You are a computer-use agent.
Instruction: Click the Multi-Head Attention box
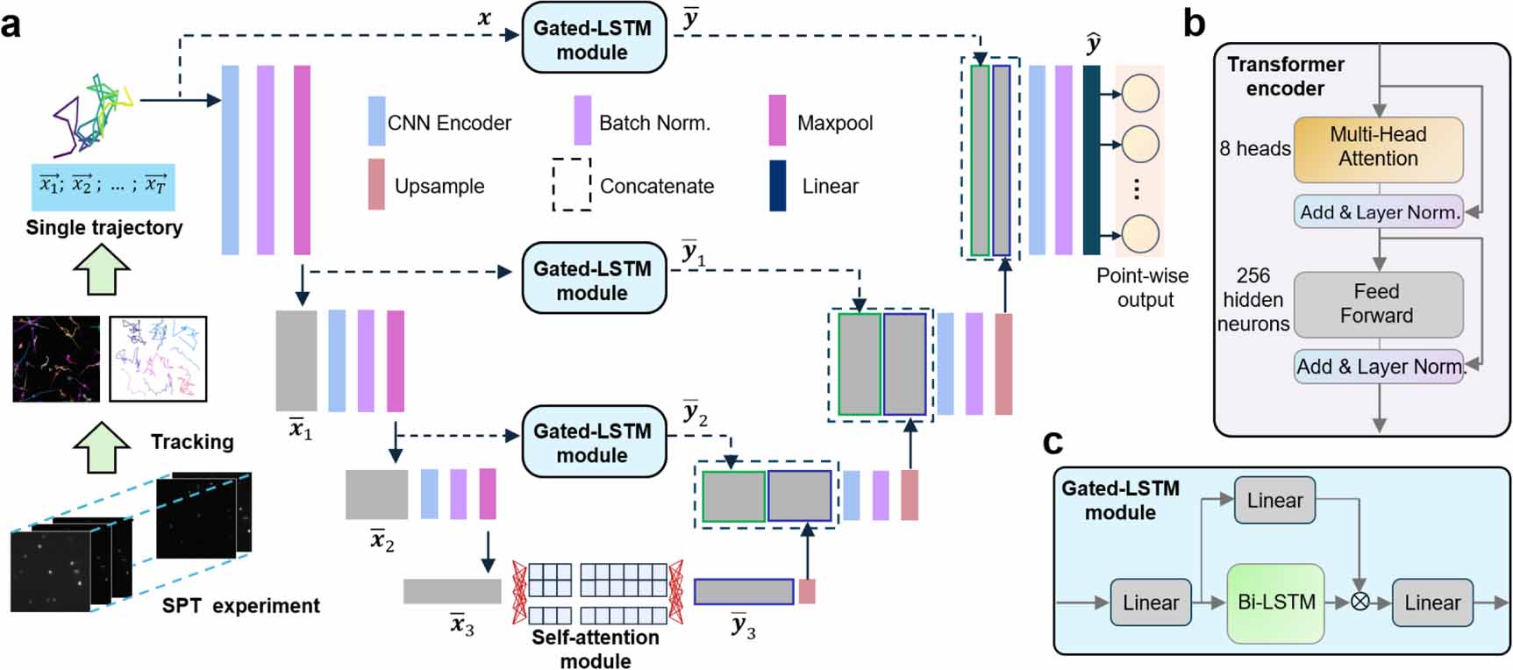pyautogui.click(x=1377, y=146)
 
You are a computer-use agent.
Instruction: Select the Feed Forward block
pyautogui.click(x=1377, y=303)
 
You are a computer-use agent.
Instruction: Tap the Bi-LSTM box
pyautogui.click(x=1275, y=602)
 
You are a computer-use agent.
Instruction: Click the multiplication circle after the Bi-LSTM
pyautogui.click(x=1360, y=602)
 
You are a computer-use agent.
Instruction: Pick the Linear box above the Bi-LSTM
pyautogui.click(x=1274, y=500)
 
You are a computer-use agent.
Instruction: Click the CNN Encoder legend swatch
pyautogui.click(x=376, y=121)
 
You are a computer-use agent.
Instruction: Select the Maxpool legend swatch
pyautogui.click(x=777, y=121)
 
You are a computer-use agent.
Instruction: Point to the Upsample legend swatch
pyautogui.click(x=376, y=184)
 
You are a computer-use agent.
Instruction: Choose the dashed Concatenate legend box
pyautogui.click(x=571, y=184)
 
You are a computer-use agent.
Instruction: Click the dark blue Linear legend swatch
pyautogui.click(x=777, y=185)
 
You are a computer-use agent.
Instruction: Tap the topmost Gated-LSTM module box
pyautogui.click(x=594, y=39)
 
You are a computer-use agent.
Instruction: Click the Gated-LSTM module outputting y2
pyautogui.click(x=594, y=442)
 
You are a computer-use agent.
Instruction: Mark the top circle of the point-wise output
pyautogui.click(x=1140, y=93)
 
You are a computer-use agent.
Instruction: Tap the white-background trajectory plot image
pyautogui.click(x=158, y=359)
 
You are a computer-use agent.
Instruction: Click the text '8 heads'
pyautogui.click(x=1254, y=148)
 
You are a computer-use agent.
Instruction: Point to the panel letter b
pyautogui.click(x=1194, y=24)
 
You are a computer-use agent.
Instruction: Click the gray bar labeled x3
pyautogui.click(x=452, y=591)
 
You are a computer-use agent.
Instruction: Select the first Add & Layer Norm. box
pyautogui.click(x=1377, y=212)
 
